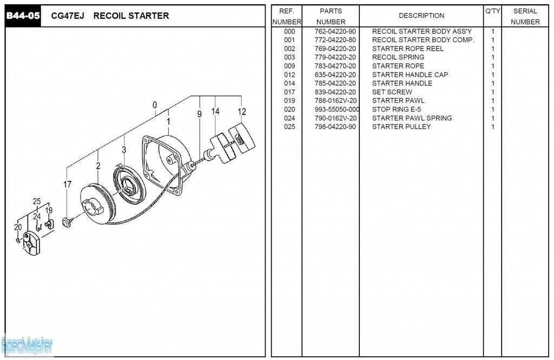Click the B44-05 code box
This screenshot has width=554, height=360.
point(23,16)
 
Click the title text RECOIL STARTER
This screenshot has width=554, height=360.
point(131,16)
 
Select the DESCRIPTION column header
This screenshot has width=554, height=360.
point(421,16)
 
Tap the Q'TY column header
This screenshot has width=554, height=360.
point(492,11)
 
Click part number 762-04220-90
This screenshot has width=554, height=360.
point(335,31)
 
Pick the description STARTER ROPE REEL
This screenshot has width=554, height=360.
point(407,49)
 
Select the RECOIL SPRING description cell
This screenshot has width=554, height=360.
point(398,57)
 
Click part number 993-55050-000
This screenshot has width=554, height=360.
point(337,109)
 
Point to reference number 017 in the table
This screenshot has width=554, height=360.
point(289,92)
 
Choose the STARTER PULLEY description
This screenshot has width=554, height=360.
point(401,127)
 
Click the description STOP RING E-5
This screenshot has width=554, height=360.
point(397,109)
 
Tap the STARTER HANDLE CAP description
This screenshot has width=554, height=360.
point(410,75)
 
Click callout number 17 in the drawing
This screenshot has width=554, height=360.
point(67,185)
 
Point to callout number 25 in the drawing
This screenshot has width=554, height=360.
point(37,201)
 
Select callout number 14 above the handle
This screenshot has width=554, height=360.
point(215,112)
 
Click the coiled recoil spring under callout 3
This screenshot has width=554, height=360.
point(129,186)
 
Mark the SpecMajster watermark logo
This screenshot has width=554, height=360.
point(27,344)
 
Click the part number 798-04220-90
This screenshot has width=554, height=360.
point(335,127)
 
